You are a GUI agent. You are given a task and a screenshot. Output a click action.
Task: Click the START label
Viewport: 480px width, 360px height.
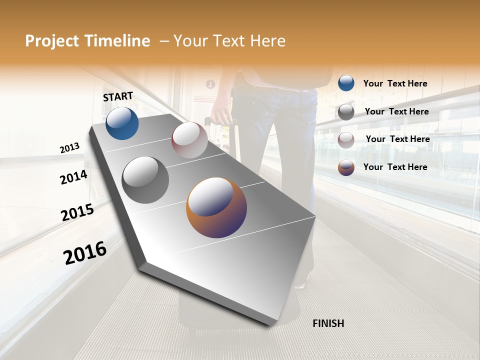pos(118,96)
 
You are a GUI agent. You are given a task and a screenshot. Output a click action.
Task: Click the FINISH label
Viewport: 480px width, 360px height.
pos(328,323)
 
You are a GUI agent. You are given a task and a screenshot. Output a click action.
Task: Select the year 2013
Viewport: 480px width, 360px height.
pos(69,148)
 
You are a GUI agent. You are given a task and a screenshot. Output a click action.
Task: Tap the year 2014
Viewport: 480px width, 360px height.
pos(73,177)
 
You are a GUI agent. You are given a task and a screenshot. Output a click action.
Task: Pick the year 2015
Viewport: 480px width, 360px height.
pos(77,212)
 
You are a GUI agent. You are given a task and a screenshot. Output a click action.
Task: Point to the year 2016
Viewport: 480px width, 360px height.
pos(85,252)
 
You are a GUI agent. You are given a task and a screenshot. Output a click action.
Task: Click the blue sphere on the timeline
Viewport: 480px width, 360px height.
pos(122,123)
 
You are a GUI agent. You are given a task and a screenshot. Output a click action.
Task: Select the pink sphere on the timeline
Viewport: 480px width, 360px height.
pos(189,139)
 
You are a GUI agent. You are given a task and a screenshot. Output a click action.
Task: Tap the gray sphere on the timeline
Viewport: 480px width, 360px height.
pos(145,180)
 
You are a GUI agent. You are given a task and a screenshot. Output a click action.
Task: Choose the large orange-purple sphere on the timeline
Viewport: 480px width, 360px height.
pos(216,207)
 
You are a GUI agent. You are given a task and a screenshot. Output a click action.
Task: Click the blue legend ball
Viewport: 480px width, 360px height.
pos(346,83)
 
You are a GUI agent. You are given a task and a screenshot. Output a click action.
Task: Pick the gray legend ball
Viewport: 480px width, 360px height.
pos(346,112)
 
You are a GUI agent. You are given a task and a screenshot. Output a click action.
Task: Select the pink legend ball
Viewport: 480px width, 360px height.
pos(346,140)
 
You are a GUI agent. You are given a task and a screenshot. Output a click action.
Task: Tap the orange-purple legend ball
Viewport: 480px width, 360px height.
pos(346,167)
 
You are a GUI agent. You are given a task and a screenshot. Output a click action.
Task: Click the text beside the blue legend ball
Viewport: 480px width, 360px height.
pos(395,83)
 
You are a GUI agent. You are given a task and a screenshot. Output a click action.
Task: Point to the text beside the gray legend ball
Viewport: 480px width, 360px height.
pos(396,111)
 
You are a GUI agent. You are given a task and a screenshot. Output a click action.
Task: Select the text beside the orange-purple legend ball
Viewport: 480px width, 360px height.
pos(395,167)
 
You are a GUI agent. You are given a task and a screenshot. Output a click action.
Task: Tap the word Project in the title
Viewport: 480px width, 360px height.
pos(51,41)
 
